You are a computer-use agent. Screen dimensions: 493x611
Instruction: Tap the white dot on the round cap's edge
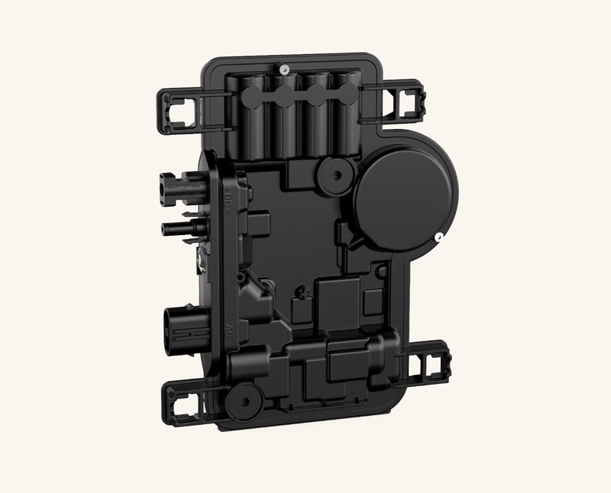(x=440, y=237)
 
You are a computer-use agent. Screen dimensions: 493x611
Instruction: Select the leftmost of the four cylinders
(x=253, y=114)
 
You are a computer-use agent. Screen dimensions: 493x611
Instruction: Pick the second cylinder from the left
(x=284, y=114)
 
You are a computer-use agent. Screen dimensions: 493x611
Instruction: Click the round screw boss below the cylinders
(x=334, y=175)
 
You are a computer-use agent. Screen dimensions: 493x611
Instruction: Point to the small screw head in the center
(x=303, y=291)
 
